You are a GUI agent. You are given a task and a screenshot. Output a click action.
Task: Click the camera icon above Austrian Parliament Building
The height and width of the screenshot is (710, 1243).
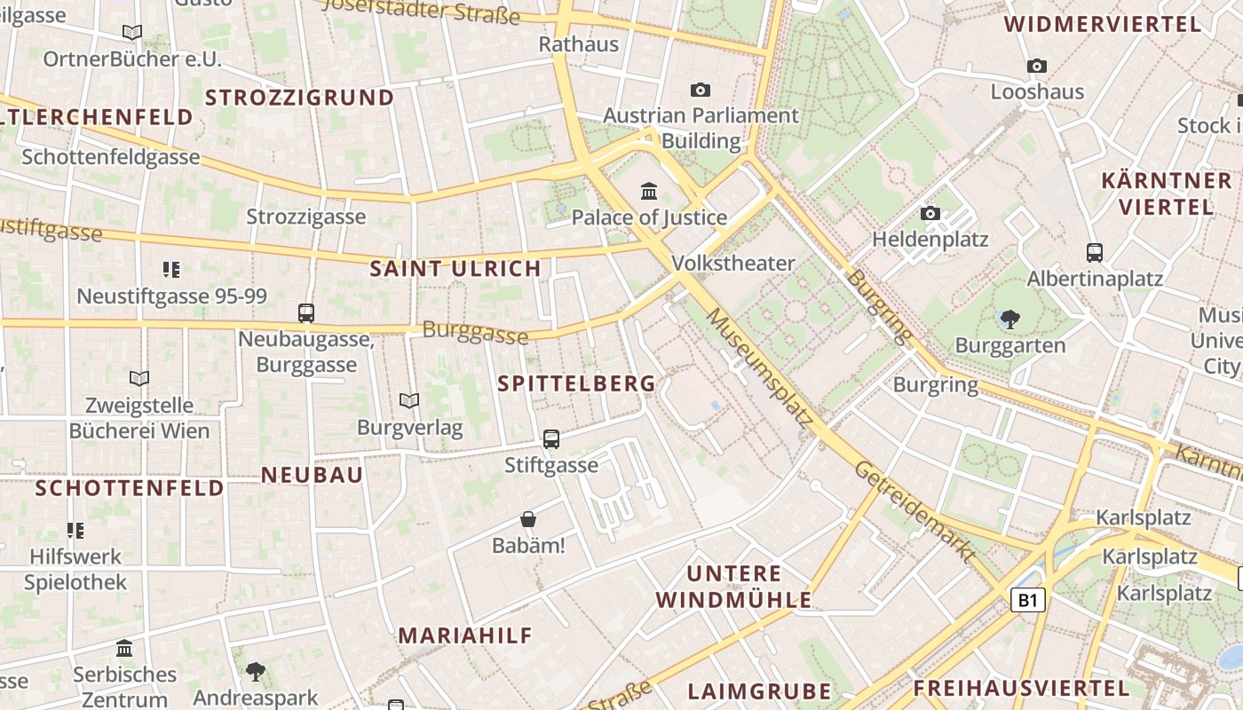[701, 90]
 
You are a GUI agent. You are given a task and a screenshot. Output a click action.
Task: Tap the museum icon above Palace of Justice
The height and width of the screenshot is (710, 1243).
[649, 191]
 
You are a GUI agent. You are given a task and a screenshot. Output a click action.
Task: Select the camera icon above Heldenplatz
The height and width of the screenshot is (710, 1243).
[930, 213]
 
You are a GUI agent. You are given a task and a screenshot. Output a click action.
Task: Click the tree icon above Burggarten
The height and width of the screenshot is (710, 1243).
[1009, 319]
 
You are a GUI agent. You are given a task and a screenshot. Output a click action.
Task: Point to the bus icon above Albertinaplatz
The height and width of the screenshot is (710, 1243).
[1095, 253]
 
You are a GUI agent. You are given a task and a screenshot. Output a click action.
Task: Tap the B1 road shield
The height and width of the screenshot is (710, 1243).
[1027, 600]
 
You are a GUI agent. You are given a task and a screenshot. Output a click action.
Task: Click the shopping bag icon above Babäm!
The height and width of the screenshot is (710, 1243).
[528, 519]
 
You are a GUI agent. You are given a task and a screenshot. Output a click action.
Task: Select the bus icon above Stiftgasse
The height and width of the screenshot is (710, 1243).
[551, 438]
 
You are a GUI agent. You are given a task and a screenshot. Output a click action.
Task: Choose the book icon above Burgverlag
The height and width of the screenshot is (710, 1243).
[409, 401]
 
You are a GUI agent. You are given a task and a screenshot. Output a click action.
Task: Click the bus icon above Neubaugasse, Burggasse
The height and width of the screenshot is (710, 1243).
[306, 313]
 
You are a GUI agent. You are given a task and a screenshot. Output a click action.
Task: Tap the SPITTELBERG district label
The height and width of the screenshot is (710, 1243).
[577, 383]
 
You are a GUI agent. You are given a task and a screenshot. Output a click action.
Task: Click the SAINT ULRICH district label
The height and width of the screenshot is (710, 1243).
[455, 268]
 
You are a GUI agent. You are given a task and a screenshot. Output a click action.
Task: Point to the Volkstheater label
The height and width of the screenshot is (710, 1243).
[733, 263]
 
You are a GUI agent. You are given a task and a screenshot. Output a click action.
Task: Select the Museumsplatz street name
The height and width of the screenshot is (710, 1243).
[759, 367]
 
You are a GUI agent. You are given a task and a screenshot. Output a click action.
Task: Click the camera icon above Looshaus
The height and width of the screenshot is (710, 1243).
[1037, 66]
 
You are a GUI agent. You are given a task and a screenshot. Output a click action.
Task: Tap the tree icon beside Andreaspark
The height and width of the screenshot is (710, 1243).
[256, 671]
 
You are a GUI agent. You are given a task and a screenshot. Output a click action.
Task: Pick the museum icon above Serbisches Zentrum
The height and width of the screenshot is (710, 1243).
[124, 648]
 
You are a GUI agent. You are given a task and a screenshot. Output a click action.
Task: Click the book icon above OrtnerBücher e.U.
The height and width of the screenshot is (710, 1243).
[132, 33]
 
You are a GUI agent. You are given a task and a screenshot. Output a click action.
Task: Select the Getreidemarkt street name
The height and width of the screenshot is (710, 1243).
[915, 512]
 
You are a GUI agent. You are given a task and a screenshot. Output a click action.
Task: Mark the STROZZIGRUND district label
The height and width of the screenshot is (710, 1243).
[299, 98]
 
